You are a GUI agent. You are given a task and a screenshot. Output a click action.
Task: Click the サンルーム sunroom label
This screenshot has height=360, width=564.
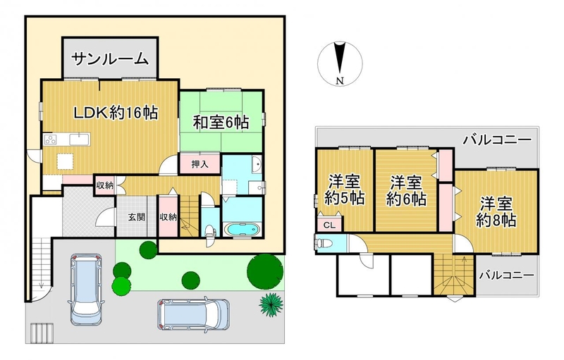point(110,58)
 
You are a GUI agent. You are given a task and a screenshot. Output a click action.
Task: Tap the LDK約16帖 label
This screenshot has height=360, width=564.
point(116,113)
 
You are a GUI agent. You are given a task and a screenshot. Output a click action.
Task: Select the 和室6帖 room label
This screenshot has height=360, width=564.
point(221,123)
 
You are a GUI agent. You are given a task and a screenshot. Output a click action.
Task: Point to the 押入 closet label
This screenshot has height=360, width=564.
point(200,165)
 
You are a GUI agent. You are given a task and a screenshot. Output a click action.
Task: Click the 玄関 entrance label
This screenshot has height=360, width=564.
point(137,217)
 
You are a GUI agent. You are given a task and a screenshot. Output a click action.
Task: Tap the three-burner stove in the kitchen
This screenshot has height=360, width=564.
point(51,139)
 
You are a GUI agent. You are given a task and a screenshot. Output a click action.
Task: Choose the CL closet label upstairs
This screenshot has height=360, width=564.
point(329,225)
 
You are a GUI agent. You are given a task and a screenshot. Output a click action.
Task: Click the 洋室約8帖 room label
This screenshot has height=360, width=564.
point(497,212)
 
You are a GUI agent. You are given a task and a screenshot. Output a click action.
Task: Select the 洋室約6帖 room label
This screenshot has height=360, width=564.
point(407,190)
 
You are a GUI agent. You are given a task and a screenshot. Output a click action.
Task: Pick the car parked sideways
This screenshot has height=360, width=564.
point(193,315)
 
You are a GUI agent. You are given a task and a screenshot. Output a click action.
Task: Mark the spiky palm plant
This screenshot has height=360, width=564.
point(271,305)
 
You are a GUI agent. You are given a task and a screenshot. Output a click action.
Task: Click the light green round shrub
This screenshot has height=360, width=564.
point(121,285)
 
